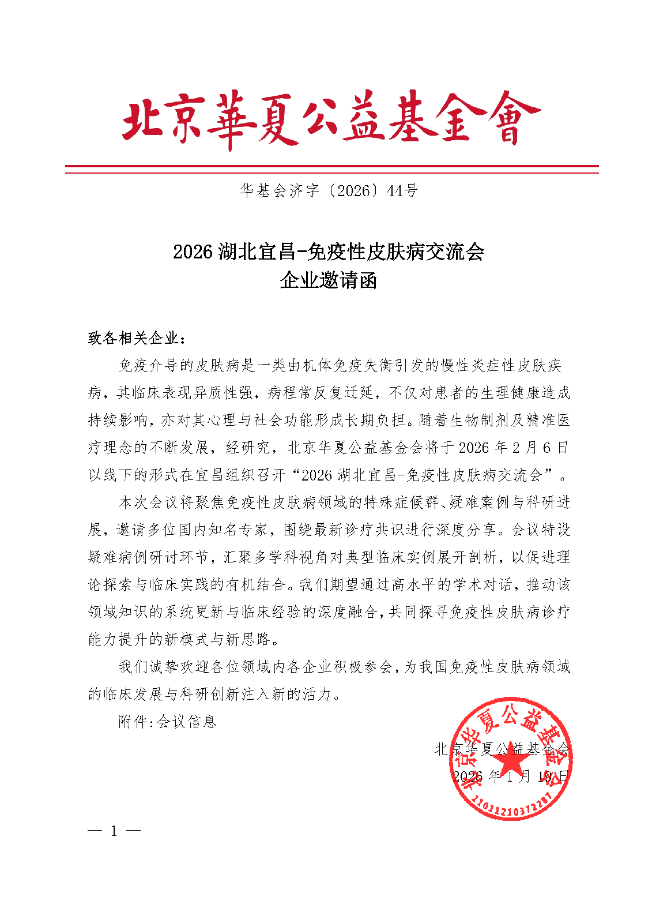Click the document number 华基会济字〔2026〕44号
pyautogui.click(x=329, y=191)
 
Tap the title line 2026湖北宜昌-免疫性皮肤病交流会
pyautogui.click(x=329, y=252)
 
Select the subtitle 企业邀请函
pyautogui.click(x=329, y=281)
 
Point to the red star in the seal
pyautogui.click(x=511, y=764)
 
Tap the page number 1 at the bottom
pyautogui.click(x=114, y=831)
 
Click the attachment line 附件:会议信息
pyautogui.click(x=167, y=722)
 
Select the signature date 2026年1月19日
pyautogui.click(x=511, y=776)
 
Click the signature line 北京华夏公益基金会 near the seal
pyautogui.click(x=502, y=749)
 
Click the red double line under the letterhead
pyautogui.click(x=331, y=169)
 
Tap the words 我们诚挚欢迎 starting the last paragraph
pyautogui.click(x=164, y=667)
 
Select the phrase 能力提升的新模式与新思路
pyautogui.click(x=184, y=640)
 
